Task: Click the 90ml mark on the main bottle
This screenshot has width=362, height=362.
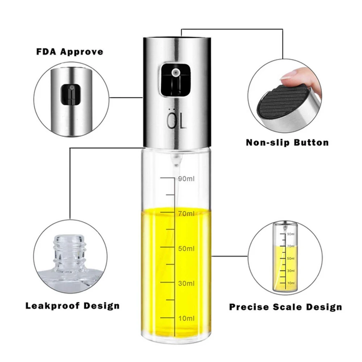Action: pos(186,179)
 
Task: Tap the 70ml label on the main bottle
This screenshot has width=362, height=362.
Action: pos(186,214)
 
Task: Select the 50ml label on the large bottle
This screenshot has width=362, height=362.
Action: pos(186,249)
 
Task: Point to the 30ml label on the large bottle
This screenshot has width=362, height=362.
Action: pos(186,283)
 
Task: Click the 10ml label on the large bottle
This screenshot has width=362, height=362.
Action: pos(186,319)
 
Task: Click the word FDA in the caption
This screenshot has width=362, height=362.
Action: pos(46,52)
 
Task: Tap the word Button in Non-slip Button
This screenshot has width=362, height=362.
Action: pos(311,142)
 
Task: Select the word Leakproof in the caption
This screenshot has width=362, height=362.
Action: pos(52,306)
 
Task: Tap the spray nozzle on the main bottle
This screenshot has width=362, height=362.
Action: pos(176,73)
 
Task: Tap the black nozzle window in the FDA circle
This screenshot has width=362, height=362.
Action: pos(71,94)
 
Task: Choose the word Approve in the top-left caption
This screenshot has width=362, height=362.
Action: pos(81,52)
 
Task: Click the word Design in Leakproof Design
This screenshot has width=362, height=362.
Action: pos(102,306)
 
